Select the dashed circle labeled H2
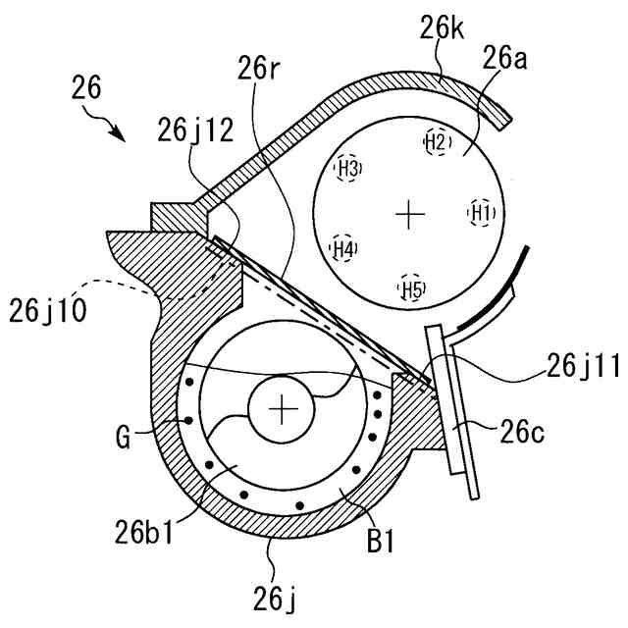(437, 141)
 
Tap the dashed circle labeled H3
(348, 168)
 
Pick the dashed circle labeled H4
(342, 249)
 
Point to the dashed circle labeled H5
(412, 288)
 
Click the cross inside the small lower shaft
(283, 408)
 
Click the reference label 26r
(258, 71)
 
